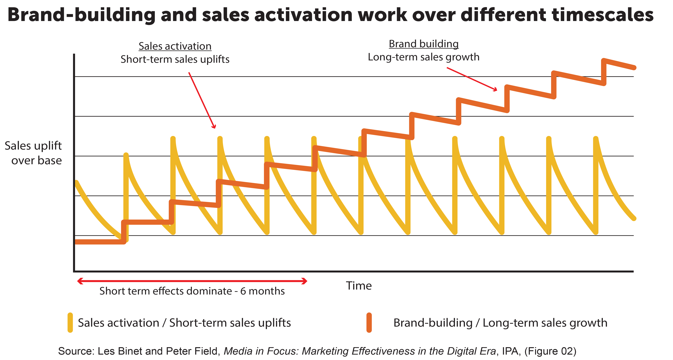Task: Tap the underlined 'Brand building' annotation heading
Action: point(424,44)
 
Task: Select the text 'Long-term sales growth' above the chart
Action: point(424,57)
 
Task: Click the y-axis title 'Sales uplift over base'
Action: point(33,153)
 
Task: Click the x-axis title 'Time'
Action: point(359,286)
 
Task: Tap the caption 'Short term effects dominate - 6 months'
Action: point(192,291)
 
